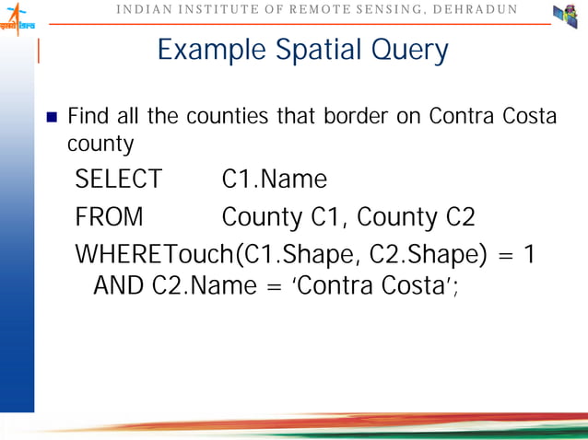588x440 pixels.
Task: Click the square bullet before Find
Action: (53, 118)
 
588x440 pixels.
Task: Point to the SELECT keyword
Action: (118, 179)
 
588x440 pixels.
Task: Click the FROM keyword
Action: (109, 217)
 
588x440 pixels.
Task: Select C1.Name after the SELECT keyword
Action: (275, 179)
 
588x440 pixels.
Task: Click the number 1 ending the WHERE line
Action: (528, 253)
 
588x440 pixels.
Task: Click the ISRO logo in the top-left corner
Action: (16, 17)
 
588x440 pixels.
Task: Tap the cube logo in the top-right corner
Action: (564, 17)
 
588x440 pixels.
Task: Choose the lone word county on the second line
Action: (100, 145)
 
